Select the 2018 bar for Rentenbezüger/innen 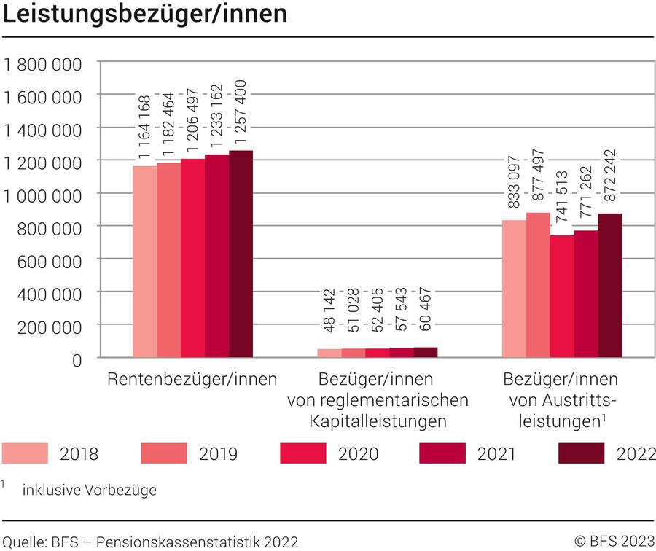(144, 262)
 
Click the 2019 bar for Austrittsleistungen (538, 285)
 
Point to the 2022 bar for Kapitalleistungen (426, 353)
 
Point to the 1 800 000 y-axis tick (43, 64)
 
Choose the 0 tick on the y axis (76, 359)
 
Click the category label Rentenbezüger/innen (192, 380)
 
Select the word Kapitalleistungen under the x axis (378, 421)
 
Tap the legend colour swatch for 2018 (25, 453)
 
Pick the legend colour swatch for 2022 (581, 453)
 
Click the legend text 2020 (358, 454)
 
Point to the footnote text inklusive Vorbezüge (90, 490)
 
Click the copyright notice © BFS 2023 (614, 541)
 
